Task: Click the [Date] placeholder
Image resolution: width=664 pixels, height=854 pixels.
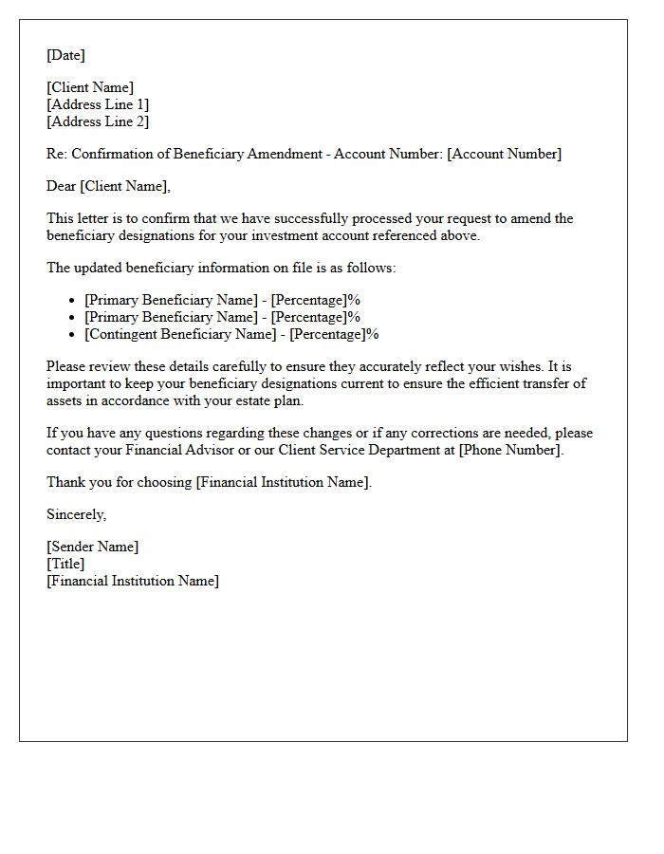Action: tap(65, 55)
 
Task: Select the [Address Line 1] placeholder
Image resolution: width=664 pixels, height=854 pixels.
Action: tap(98, 104)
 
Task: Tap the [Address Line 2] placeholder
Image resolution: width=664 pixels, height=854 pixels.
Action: tap(98, 121)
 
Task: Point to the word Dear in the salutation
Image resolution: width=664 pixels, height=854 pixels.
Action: tap(61, 186)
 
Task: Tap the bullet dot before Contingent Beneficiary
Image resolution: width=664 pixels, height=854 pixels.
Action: tap(72, 335)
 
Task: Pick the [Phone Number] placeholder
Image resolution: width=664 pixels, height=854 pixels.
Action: tap(511, 450)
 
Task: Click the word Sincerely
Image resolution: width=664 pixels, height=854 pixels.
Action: tap(77, 514)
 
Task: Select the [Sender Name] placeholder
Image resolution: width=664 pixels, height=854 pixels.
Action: tap(93, 547)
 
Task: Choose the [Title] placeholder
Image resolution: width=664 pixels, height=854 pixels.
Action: tap(65, 564)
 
